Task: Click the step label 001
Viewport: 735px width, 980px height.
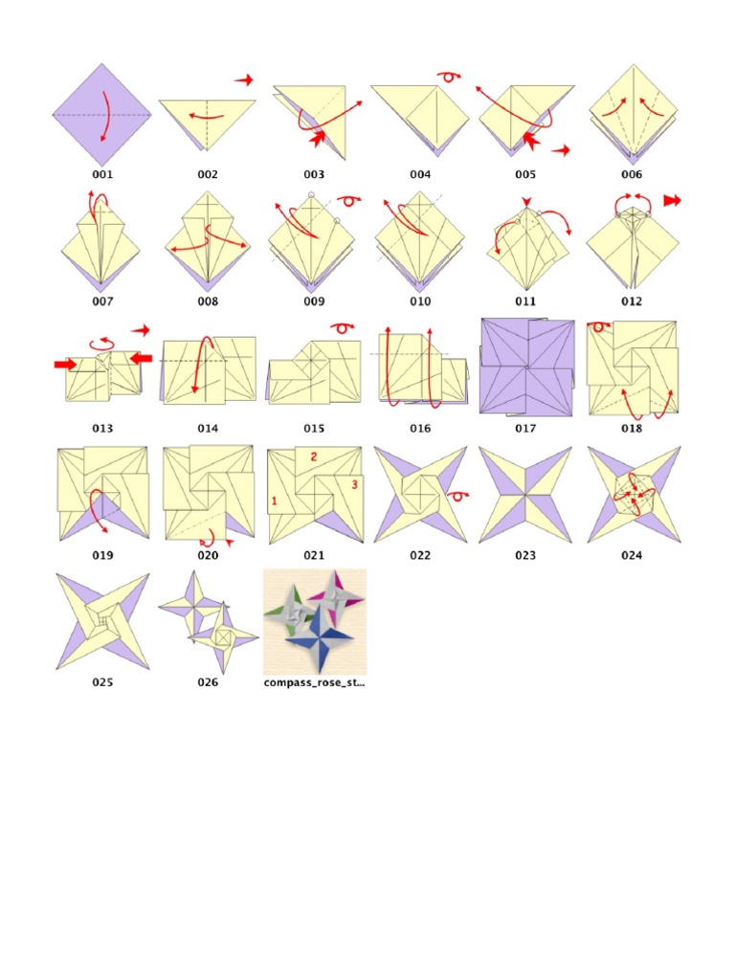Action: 102,175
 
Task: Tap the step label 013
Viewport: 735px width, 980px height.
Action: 102,429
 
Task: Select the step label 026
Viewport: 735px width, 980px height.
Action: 208,682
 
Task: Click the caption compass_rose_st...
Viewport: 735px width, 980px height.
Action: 314,683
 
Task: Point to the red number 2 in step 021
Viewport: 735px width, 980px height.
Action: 312,458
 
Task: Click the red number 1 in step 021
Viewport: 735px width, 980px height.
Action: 274,501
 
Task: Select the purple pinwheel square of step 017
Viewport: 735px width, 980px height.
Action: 525,367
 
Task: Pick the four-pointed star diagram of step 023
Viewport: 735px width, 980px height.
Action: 525,495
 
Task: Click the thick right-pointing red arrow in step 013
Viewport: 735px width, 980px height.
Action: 65,365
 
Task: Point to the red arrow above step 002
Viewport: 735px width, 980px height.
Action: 245,79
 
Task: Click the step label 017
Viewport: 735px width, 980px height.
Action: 525,429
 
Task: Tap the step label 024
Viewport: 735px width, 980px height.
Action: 631,555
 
